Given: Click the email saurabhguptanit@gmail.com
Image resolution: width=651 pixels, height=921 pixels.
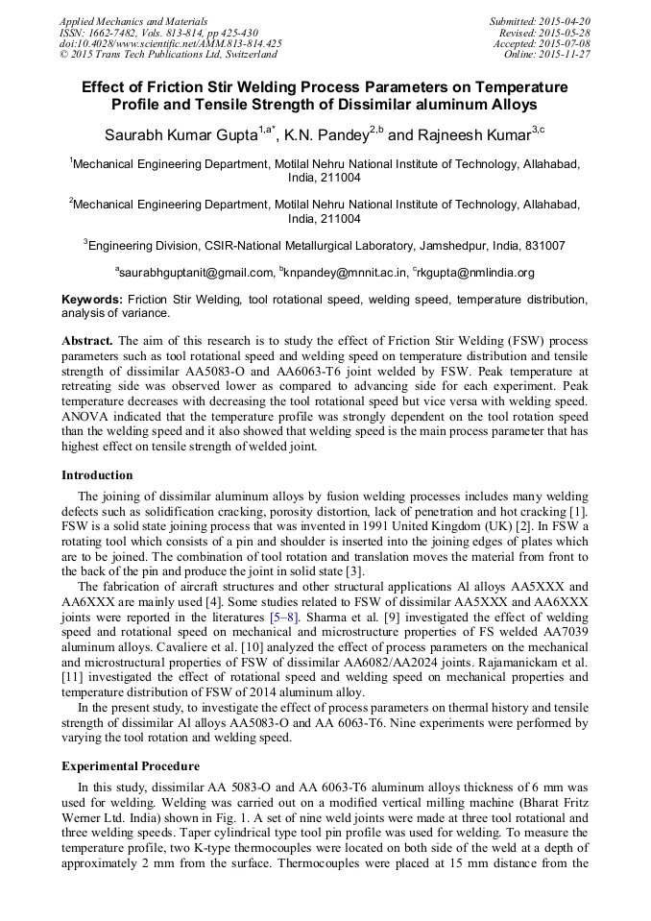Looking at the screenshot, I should (196, 273).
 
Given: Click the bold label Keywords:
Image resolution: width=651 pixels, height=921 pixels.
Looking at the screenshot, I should (92, 300).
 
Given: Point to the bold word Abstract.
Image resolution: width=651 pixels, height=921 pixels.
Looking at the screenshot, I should (87, 341).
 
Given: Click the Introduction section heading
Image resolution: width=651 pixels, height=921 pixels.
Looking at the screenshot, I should (97, 475).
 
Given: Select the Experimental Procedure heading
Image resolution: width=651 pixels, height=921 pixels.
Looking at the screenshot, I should (131, 766).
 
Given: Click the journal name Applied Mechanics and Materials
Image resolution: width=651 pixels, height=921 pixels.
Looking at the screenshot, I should (133, 21).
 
